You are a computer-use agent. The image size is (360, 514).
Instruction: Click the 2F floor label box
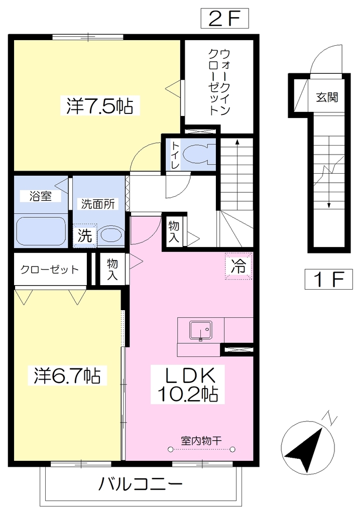pyautogui.click(x=224, y=19)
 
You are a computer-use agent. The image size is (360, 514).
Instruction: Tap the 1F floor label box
pyautogui.click(x=328, y=279)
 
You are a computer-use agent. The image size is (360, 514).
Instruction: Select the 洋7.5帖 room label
pyautogui.click(x=100, y=105)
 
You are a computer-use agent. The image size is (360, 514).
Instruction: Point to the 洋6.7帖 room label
pyautogui.click(x=67, y=375)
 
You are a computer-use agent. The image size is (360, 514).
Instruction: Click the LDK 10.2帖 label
pyautogui.click(x=188, y=384)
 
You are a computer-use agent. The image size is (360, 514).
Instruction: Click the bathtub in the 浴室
pyautogui.click(x=41, y=231)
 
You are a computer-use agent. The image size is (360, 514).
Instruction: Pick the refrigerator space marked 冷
pyautogui.click(x=238, y=266)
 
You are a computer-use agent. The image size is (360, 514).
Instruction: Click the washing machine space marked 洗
pyautogui.click(x=85, y=235)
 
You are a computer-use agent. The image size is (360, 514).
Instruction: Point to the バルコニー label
pyautogui.click(x=140, y=484)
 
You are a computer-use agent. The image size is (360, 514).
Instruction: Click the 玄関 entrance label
pyautogui.click(x=327, y=97)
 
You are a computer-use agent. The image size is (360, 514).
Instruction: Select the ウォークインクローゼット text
pyautogui.click(x=219, y=82)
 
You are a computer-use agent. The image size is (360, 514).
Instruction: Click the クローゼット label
pyautogui.click(x=50, y=270)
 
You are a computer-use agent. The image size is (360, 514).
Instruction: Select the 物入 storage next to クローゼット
pyautogui.click(x=112, y=269)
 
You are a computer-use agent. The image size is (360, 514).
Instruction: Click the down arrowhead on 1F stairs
pyautogui.click(x=329, y=205)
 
